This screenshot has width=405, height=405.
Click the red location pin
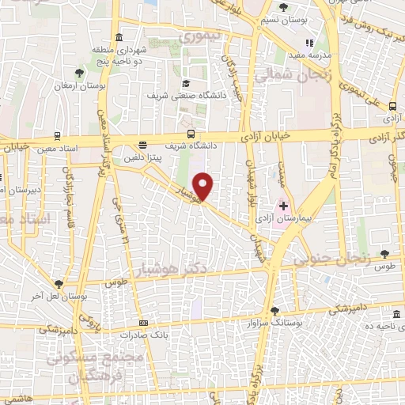[x=203, y=186]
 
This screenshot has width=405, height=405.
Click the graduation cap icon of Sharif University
[x=185, y=83]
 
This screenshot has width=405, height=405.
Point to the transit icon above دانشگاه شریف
[x=190, y=134]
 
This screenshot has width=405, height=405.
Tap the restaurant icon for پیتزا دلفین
[x=142, y=146]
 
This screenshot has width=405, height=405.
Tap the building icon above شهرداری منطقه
[x=119, y=37]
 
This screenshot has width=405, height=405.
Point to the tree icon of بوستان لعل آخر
[x=59, y=284]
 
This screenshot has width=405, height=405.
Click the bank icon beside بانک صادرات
[x=143, y=323]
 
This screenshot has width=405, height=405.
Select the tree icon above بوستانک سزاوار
[x=274, y=311]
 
